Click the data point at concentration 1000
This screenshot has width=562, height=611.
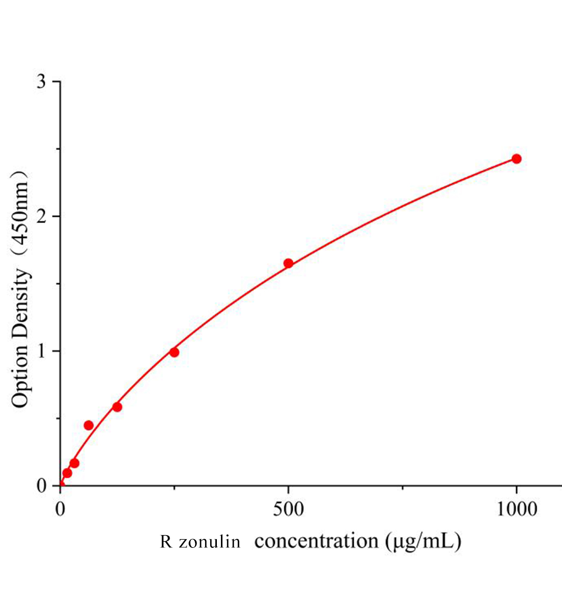516,159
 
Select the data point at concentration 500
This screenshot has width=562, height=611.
288,263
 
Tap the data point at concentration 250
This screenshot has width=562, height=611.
174,352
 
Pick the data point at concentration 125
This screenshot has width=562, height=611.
117,407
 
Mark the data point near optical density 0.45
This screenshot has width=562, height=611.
89,425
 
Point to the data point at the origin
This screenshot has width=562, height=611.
61,485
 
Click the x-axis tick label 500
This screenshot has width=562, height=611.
288,509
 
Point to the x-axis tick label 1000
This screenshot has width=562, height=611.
516,509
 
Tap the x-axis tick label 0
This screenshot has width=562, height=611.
61,509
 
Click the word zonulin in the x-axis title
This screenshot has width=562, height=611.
209,542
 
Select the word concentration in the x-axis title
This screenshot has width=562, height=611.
316,541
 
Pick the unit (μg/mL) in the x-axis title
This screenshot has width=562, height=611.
423,541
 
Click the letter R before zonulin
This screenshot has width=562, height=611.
166,542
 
